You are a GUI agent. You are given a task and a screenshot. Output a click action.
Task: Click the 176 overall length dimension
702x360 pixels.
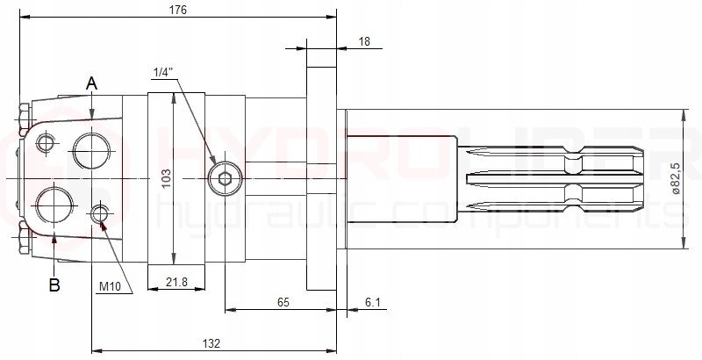click(x=177, y=10)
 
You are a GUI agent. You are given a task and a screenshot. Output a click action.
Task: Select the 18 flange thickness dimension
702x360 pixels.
click(x=364, y=40)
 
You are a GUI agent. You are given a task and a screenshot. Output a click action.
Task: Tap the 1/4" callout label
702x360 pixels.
click(x=162, y=71)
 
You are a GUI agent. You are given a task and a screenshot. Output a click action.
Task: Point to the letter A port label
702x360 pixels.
click(x=91, y=83)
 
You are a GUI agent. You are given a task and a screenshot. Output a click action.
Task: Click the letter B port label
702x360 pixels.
click(x=54, y=284)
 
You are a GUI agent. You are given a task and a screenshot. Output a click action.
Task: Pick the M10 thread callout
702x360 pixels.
click(x=110, y=286)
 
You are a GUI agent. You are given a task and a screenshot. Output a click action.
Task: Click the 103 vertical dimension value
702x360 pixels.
click(x=166, y=179)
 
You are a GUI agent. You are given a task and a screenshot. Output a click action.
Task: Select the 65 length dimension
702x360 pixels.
click(x=283, y=301)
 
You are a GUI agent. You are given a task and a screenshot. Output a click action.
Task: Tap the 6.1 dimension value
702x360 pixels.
click(x=372, y=301)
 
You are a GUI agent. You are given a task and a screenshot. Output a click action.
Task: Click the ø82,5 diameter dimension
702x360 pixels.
click(x=675, y=178)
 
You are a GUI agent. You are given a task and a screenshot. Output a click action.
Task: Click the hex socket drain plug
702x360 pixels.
click(x=226, y=179)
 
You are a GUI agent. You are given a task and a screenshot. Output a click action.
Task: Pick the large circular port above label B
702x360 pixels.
click(x=55, y=206)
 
